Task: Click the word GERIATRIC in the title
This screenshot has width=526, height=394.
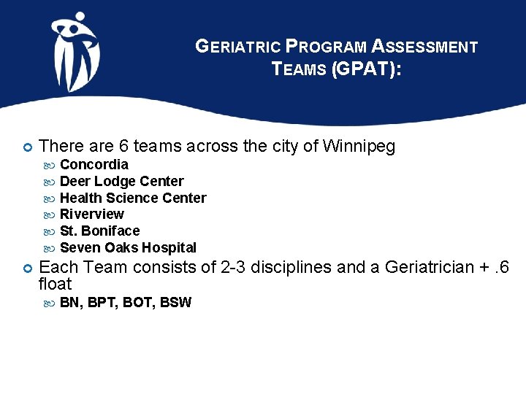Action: click(x=238, y=47)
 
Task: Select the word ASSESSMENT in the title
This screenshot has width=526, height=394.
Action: click(x=424, y=47)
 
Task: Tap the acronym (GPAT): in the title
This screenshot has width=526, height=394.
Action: click(x=366, y=70)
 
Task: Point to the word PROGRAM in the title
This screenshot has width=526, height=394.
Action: click(x=326, y=47)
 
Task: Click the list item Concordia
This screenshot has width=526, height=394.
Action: click(x=94, y=164)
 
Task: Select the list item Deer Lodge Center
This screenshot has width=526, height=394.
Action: click(x=121, y=181)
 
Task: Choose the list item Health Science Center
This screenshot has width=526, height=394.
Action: click(x=133, y=198)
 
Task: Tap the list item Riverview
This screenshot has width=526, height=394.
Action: click(x=91, y=215)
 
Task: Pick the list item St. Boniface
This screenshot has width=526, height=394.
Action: click(x=99, y=231)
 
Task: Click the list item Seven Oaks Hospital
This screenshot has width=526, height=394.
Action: click(x=128, y=248)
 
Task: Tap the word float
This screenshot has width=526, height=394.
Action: click(x=55, y=284)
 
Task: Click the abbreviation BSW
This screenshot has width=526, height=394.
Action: click(x=175, y=302)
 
